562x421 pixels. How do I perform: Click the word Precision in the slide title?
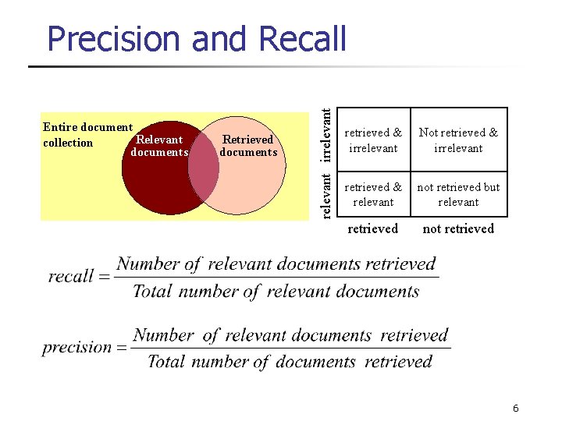(114, 38)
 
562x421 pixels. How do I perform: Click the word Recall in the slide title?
(300, 38)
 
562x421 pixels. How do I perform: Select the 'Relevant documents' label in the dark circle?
(159, 146)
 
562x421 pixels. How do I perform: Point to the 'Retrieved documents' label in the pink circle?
(248, 146)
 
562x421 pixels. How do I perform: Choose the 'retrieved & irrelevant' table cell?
(373, 140)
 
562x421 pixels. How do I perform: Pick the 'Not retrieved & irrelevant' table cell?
(458, 140)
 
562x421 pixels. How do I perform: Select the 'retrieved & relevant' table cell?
(373, 194)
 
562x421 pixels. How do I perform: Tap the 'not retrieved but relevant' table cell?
(458, 194)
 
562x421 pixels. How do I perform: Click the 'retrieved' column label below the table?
(372, 228)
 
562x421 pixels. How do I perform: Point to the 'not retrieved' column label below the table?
(458, 228)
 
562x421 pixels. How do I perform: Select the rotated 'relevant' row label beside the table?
(330, 194)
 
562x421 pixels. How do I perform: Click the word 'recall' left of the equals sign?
(70, 278)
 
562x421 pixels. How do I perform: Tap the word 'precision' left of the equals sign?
(77, 348)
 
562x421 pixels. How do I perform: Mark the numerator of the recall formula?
(276, 264)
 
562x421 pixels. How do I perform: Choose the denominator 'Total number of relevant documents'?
(276, 292)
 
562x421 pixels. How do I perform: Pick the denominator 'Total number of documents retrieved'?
(290, 362)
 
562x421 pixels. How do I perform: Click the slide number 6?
(516, 409)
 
